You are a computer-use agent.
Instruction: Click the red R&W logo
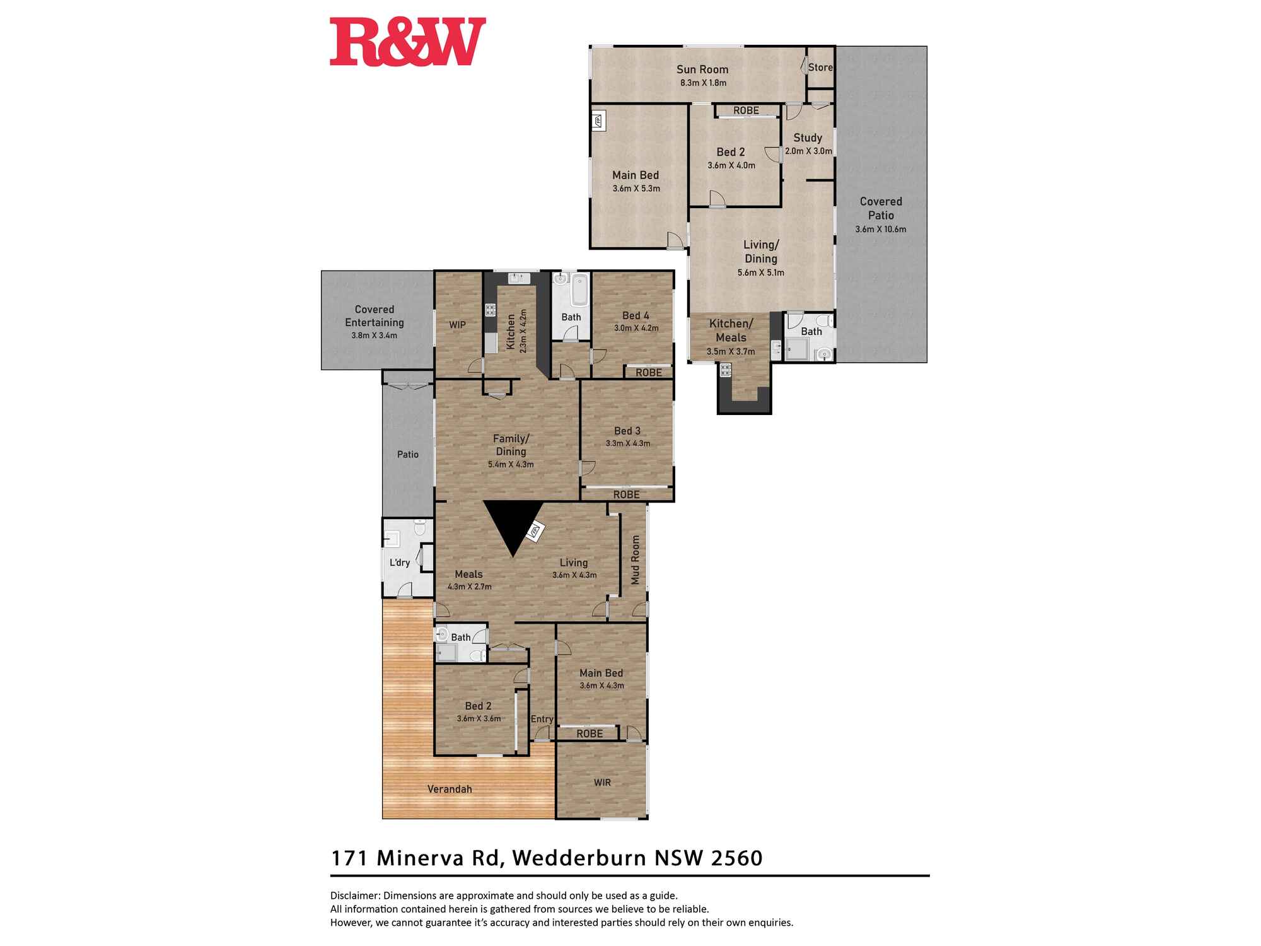click(x=407, y=42)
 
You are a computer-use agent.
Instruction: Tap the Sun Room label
click(x=702, y=69)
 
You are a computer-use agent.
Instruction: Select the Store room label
click(x=820, y=67)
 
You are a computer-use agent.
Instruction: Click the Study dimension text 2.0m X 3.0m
click(x=808, y=151)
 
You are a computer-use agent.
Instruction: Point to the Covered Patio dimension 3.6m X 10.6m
click(x=881, y=229)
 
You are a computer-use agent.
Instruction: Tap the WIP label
click(x=457, y=325)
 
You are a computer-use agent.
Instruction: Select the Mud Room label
click(x=636, y=559)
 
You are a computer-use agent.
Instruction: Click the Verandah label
click(x=450, y=789)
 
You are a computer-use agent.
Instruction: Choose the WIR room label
click(x=602, y=783)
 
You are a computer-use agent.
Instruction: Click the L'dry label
click(x=400, y=563)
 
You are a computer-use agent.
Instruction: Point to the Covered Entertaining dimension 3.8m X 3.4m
click(x=374, y=336)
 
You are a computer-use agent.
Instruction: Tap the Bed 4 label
click(x=636, y=315)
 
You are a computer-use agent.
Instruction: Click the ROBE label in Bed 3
click(x=626, y=495)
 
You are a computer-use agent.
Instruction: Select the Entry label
click(x=542, y=719)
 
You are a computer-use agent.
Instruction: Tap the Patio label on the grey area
click(x=407, y=454)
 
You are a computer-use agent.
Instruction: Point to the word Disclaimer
click(x=354, y=896)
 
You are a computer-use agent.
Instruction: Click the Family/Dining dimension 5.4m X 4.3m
click(x=511, y=464)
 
